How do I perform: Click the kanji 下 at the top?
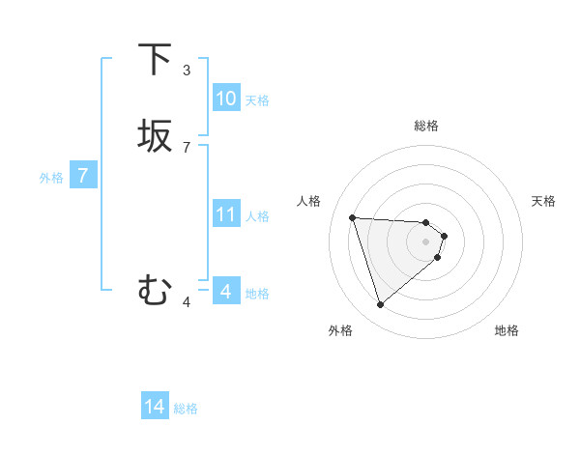(x=155, y=59)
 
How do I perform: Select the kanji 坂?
(x=155, y=135)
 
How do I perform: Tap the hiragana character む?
(x=155, y=290)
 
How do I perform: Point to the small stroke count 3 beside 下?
(x=187, y=71)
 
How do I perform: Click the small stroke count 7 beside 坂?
(x=187, y=147)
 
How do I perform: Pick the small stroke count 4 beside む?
(x=187, y=302)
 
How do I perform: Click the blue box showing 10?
(x=225, y=99)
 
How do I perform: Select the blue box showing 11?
(x=225, y=214)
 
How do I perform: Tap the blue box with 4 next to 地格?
(x=225, y=291)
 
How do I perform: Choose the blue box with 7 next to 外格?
(x=83, y=176)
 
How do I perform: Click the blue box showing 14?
(x=155, y=408)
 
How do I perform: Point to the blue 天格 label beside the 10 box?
(x=256, y=100)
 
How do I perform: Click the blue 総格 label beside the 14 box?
(x=186, y=409)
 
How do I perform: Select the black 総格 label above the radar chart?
(x=425, y=126)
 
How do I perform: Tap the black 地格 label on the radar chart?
(x=507, y=330)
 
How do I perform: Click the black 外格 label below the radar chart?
(x=340, y=330)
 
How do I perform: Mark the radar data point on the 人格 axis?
(x=353, y=217)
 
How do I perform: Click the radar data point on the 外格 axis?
(x=380, y=305)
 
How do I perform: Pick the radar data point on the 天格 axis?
(x=444, y=236)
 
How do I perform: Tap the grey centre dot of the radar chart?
(x=425, y=241)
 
